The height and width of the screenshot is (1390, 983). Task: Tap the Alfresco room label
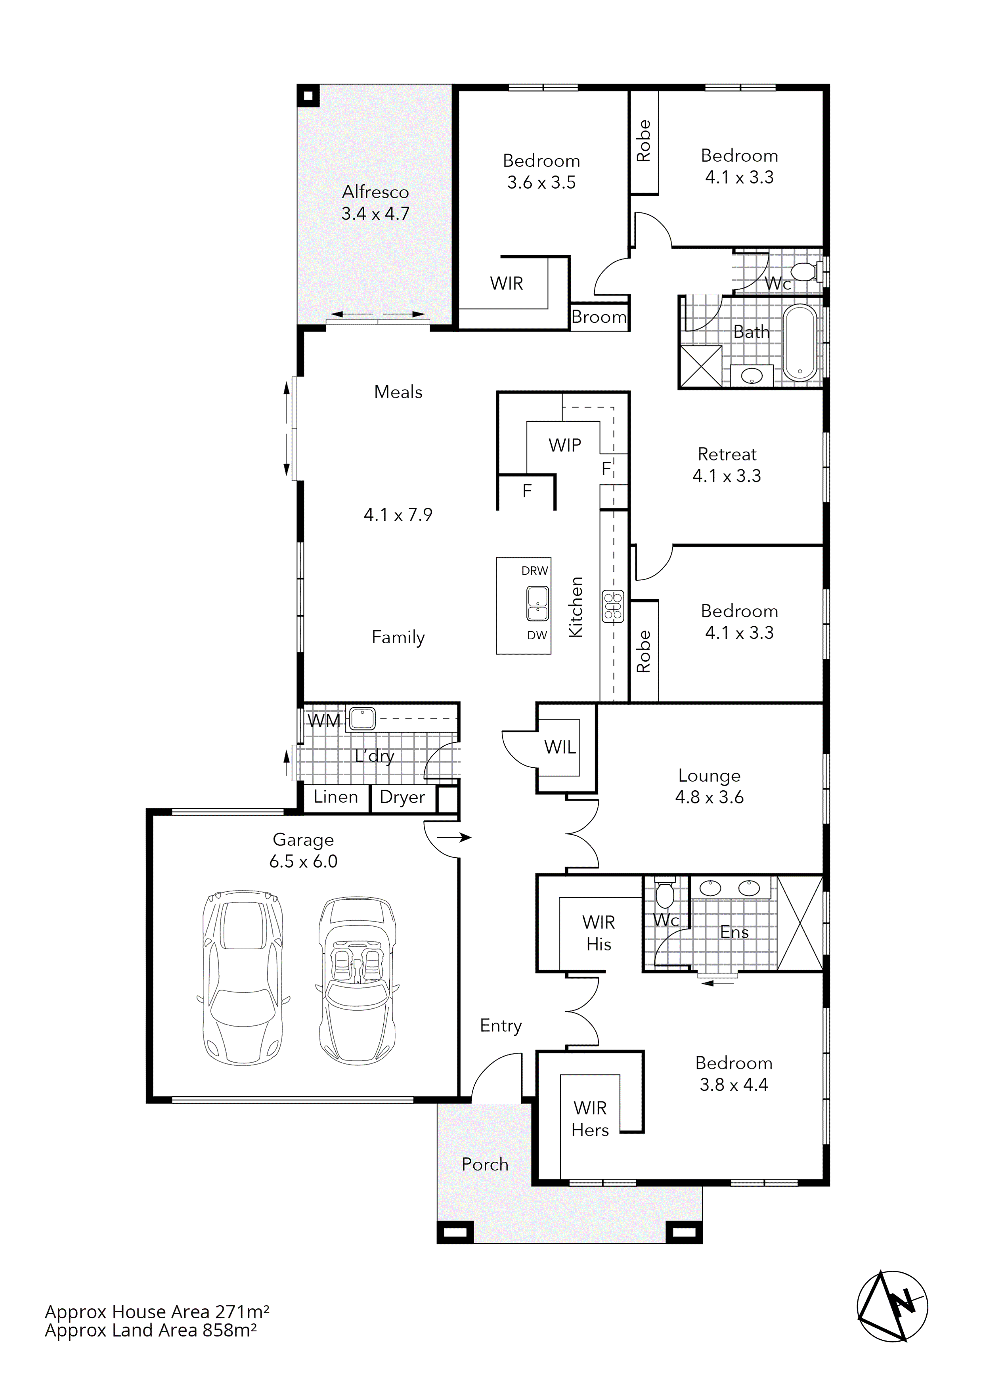click(x=375, y=193)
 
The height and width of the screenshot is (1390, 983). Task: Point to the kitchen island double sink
click(x=537, y=604)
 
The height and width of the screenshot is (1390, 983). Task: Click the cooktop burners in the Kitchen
click(x=612, y=606)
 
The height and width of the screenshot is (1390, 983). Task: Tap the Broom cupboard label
click(x=599, y=317)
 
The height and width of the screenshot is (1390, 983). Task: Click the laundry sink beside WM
click(x=361, y=719)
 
